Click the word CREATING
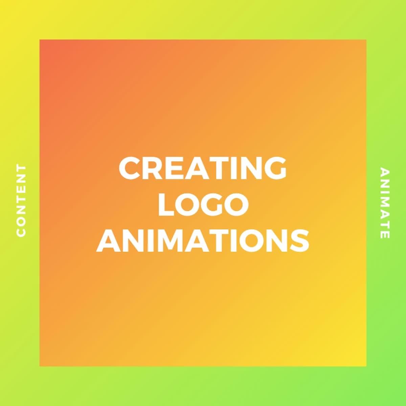pyautogui.click(x=203, y=168)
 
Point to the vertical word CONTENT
pyautogui.click(x=21, y=201)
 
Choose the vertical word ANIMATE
pyautogui.click(x=385, y=203)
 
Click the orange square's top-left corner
pyautogui.click(x=40, y=40)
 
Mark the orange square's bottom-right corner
pyautogui.click(x=366, y=366)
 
